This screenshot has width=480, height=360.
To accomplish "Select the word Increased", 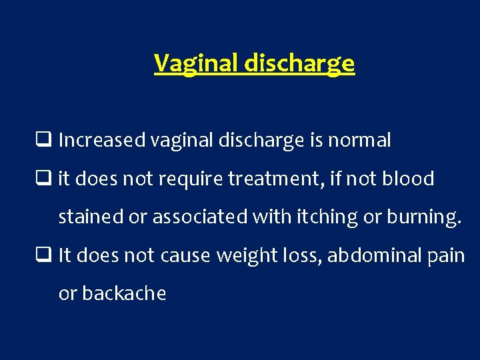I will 102,141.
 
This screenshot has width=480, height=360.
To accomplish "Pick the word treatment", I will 281,179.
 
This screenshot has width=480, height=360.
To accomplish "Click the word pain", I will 445,255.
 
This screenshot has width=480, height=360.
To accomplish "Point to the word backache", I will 112,293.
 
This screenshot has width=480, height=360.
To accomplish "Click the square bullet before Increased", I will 47,141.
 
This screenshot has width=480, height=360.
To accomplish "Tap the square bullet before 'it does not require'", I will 47,179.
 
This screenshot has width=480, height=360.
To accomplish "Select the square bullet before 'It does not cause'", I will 47,255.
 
